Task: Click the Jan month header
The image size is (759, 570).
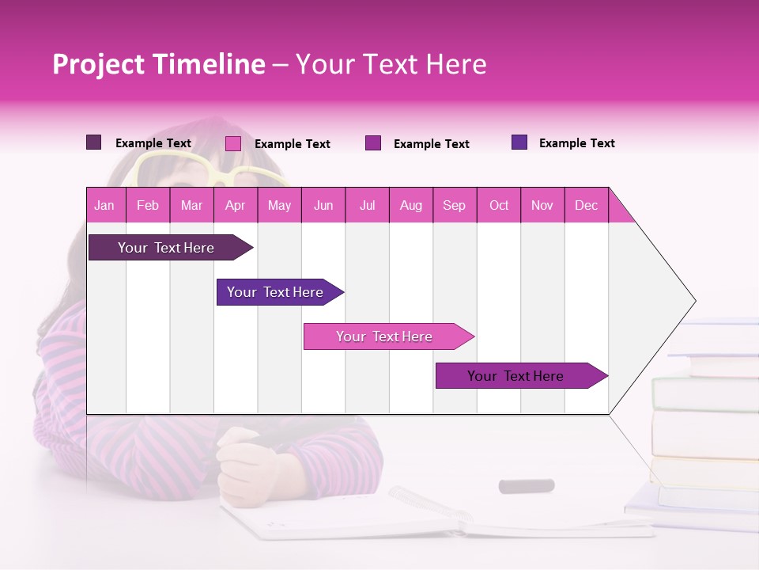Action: (x=104, y=205)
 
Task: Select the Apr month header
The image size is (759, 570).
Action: (x=235, y=205)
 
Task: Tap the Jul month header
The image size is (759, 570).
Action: (x=367, y=205)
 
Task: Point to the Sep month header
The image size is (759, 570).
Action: (x=454, y=205)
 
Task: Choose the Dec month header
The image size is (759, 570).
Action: (x=586, y=205)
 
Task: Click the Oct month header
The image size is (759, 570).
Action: (x=498, y=205)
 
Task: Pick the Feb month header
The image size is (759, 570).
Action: (x=148, y=205)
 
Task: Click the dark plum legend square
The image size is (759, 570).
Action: (x=93, y=142)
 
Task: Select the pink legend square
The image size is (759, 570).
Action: (x=232, y=143)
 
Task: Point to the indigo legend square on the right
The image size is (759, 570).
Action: (x=519, y=142)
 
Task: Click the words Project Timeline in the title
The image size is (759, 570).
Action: (x=158, y=64)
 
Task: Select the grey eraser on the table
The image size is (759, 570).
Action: (x=526, y=485)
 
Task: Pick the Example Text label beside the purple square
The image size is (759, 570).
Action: (x=431, y=143)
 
